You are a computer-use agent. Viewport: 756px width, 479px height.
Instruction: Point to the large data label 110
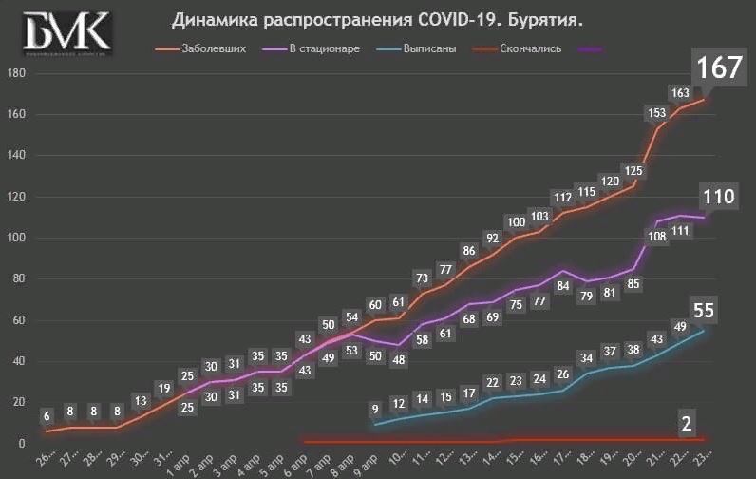click(x=719, y=197)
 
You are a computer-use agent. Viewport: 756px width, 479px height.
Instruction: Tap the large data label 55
click(x=704, y=310)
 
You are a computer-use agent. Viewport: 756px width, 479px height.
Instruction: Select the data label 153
click(x=656, y=112)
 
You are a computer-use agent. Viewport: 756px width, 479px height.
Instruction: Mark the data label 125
click(x=633, y=171)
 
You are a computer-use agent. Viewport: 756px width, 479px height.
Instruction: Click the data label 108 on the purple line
click(x=656, y=237)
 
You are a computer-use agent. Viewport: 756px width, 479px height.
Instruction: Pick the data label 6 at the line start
click(x=47, y=416)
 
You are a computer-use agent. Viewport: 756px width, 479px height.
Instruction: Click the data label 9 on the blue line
click(x=375, y=410)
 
